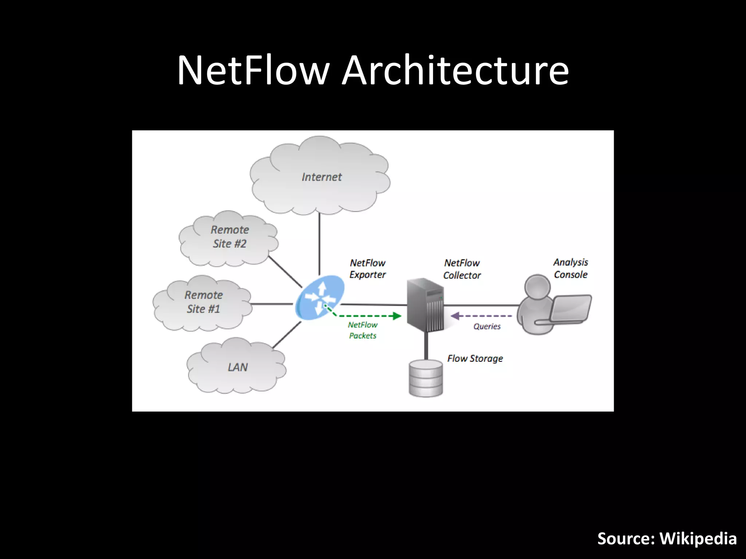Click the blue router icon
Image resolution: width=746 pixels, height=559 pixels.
(x=319, y=298)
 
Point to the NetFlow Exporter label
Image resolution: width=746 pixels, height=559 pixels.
(x=367, y=269)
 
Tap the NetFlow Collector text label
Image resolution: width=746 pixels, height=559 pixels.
(x=462, y=269)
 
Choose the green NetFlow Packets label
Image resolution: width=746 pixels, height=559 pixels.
(x=362, y=330)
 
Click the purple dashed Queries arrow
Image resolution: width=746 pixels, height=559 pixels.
(x=481, y=316)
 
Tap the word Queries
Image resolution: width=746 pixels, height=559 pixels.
(x=487, y=326)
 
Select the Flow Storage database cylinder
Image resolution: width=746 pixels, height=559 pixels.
(x=425, y=378)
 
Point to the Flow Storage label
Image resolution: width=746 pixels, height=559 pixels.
(x=475, y=358)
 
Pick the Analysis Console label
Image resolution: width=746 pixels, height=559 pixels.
(x=570, y=268)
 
